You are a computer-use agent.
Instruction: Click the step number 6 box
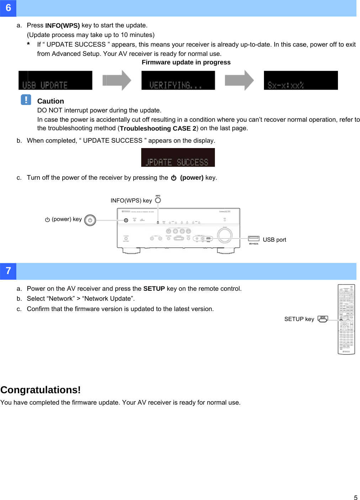[8, 8]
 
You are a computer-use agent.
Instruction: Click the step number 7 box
[8, 271]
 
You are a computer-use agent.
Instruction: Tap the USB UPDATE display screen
[55, 80]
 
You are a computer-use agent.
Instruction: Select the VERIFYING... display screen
[178, 80]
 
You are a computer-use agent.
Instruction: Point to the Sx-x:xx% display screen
[301, 80]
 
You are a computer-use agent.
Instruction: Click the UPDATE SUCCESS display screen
[178, 158]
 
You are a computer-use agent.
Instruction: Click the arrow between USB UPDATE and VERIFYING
[117, 80]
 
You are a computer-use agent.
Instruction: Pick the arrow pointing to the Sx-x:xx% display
[239, 80]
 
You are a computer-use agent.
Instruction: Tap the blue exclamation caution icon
[26, 100]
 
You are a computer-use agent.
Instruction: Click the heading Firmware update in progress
[186, 63]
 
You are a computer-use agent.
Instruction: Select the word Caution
[51, 101]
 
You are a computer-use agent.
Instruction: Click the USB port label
[274, 240]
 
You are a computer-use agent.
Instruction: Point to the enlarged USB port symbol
[254, 238]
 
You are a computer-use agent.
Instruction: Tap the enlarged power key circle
[90, 220]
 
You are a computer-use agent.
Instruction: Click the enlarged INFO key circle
[158, 200]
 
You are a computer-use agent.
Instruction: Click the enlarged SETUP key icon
[323, 319]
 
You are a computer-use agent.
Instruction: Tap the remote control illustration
[346, 319]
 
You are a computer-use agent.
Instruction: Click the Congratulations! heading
[41, 390]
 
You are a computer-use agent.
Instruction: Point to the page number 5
[355, 498]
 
